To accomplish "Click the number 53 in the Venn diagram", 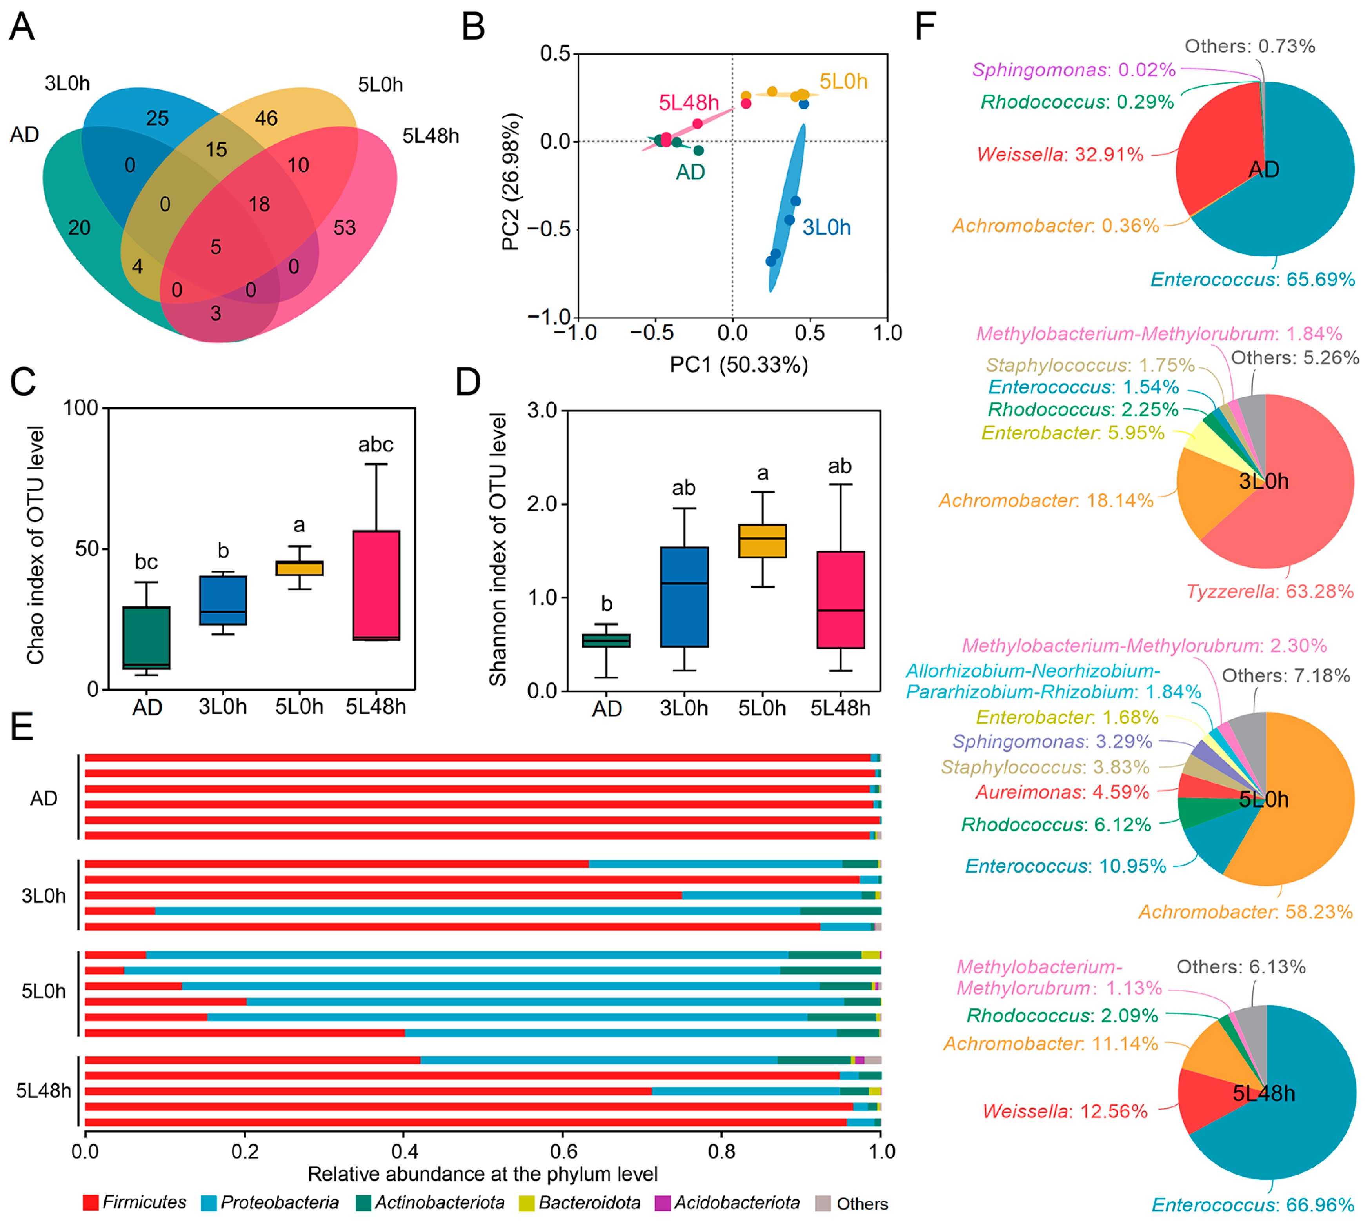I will (344, 228).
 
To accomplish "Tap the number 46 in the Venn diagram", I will (266, 118).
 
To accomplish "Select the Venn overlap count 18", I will (259, 204).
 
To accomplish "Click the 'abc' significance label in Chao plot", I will (375, 445).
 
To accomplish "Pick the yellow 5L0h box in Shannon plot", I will (762, 541).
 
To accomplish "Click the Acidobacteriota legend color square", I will (662, 1203).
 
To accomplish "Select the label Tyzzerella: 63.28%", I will (1269, 591).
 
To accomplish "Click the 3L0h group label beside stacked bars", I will (44, 896).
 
